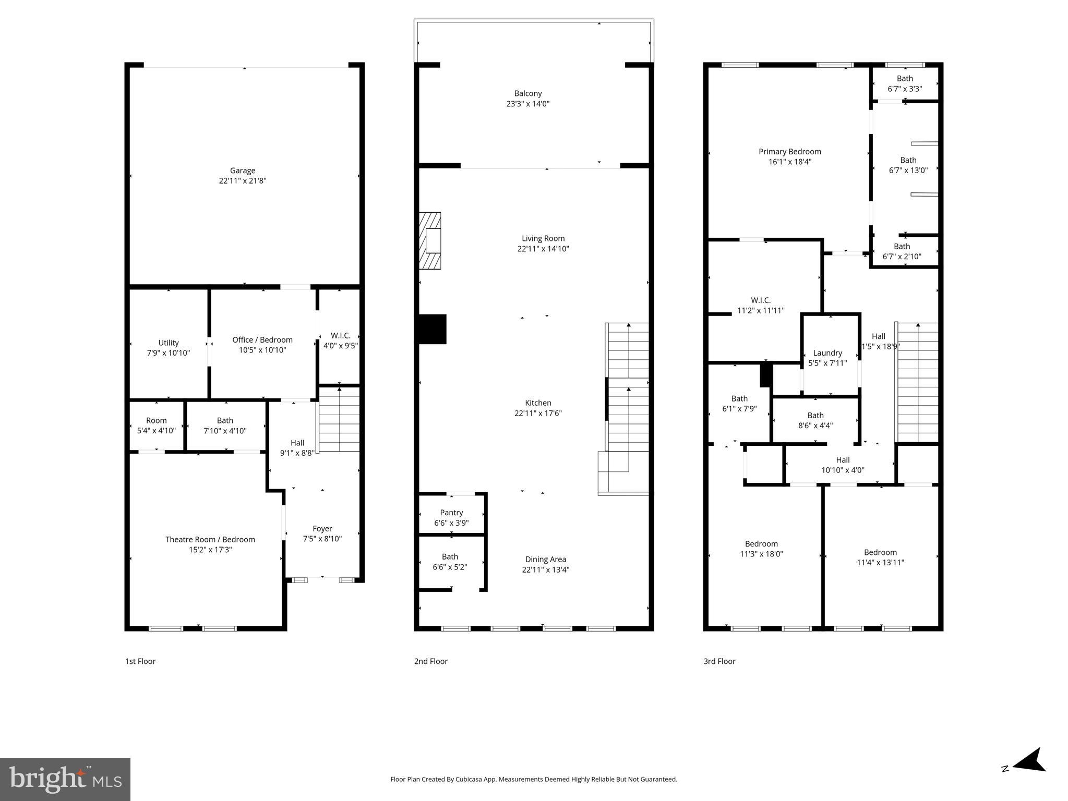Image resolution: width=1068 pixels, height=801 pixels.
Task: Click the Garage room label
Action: coord(243,171)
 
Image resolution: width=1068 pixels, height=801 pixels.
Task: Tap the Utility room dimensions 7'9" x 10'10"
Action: coord(169,353)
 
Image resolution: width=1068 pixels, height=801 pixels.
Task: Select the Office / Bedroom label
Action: coord(262,339)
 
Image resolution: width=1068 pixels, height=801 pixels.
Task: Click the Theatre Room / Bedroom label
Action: coord(210,539)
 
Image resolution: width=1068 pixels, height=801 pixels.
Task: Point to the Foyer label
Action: coord(322,528)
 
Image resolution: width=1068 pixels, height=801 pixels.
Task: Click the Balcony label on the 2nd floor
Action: coord(528,93)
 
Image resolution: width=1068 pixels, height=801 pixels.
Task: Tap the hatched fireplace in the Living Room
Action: coord(430,240)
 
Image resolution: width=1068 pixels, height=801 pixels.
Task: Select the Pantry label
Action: coord(451,513)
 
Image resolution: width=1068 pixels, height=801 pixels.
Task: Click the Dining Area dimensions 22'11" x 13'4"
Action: coord(545,569)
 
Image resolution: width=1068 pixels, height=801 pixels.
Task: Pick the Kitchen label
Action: coord(538,403)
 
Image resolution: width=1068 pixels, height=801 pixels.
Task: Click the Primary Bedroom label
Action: coord(789,152)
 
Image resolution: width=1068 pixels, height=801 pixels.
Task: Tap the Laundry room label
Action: coord(827,353)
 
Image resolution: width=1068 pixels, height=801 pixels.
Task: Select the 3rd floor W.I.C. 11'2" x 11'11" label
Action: coord(761,305)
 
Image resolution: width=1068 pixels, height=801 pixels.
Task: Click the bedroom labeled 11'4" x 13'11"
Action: coord(880,557)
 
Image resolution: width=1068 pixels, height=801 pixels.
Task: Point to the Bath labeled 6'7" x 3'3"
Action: coord(905,83)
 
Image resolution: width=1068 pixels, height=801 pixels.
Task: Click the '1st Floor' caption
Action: coord(140,661)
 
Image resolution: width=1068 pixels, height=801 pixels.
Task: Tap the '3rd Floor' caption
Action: coord(719,661)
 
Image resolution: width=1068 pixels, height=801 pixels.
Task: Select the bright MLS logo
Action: coord(65,780)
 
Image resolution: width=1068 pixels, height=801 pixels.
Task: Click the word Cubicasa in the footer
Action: coord(469,780)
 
